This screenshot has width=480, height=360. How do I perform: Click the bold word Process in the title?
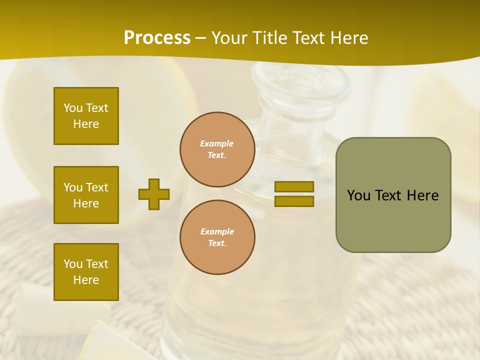(157, 38)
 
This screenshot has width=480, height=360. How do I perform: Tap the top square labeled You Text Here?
(86, 116)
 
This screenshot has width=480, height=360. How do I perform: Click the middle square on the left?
(86, 195)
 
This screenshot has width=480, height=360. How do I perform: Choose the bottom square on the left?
(86, 272)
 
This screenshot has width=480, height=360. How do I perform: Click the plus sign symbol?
(154, 194)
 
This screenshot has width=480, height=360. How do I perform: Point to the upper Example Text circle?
(217, 149)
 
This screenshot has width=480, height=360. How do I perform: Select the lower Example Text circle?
(217, 237)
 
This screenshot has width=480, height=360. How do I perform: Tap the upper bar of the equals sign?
(294, 187)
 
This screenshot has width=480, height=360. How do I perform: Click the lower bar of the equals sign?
(294, 201)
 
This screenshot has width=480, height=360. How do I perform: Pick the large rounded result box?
(393, 195)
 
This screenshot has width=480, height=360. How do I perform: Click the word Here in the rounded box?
(422, 195)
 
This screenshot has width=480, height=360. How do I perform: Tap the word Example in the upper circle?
(217, 144)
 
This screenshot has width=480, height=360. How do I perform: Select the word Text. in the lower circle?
(217, 243)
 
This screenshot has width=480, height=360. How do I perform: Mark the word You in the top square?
(72, 108)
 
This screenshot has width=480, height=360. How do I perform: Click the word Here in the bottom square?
(86, 280)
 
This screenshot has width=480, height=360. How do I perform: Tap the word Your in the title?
(229, 38)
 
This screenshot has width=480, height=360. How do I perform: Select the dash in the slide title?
(201, 38)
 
